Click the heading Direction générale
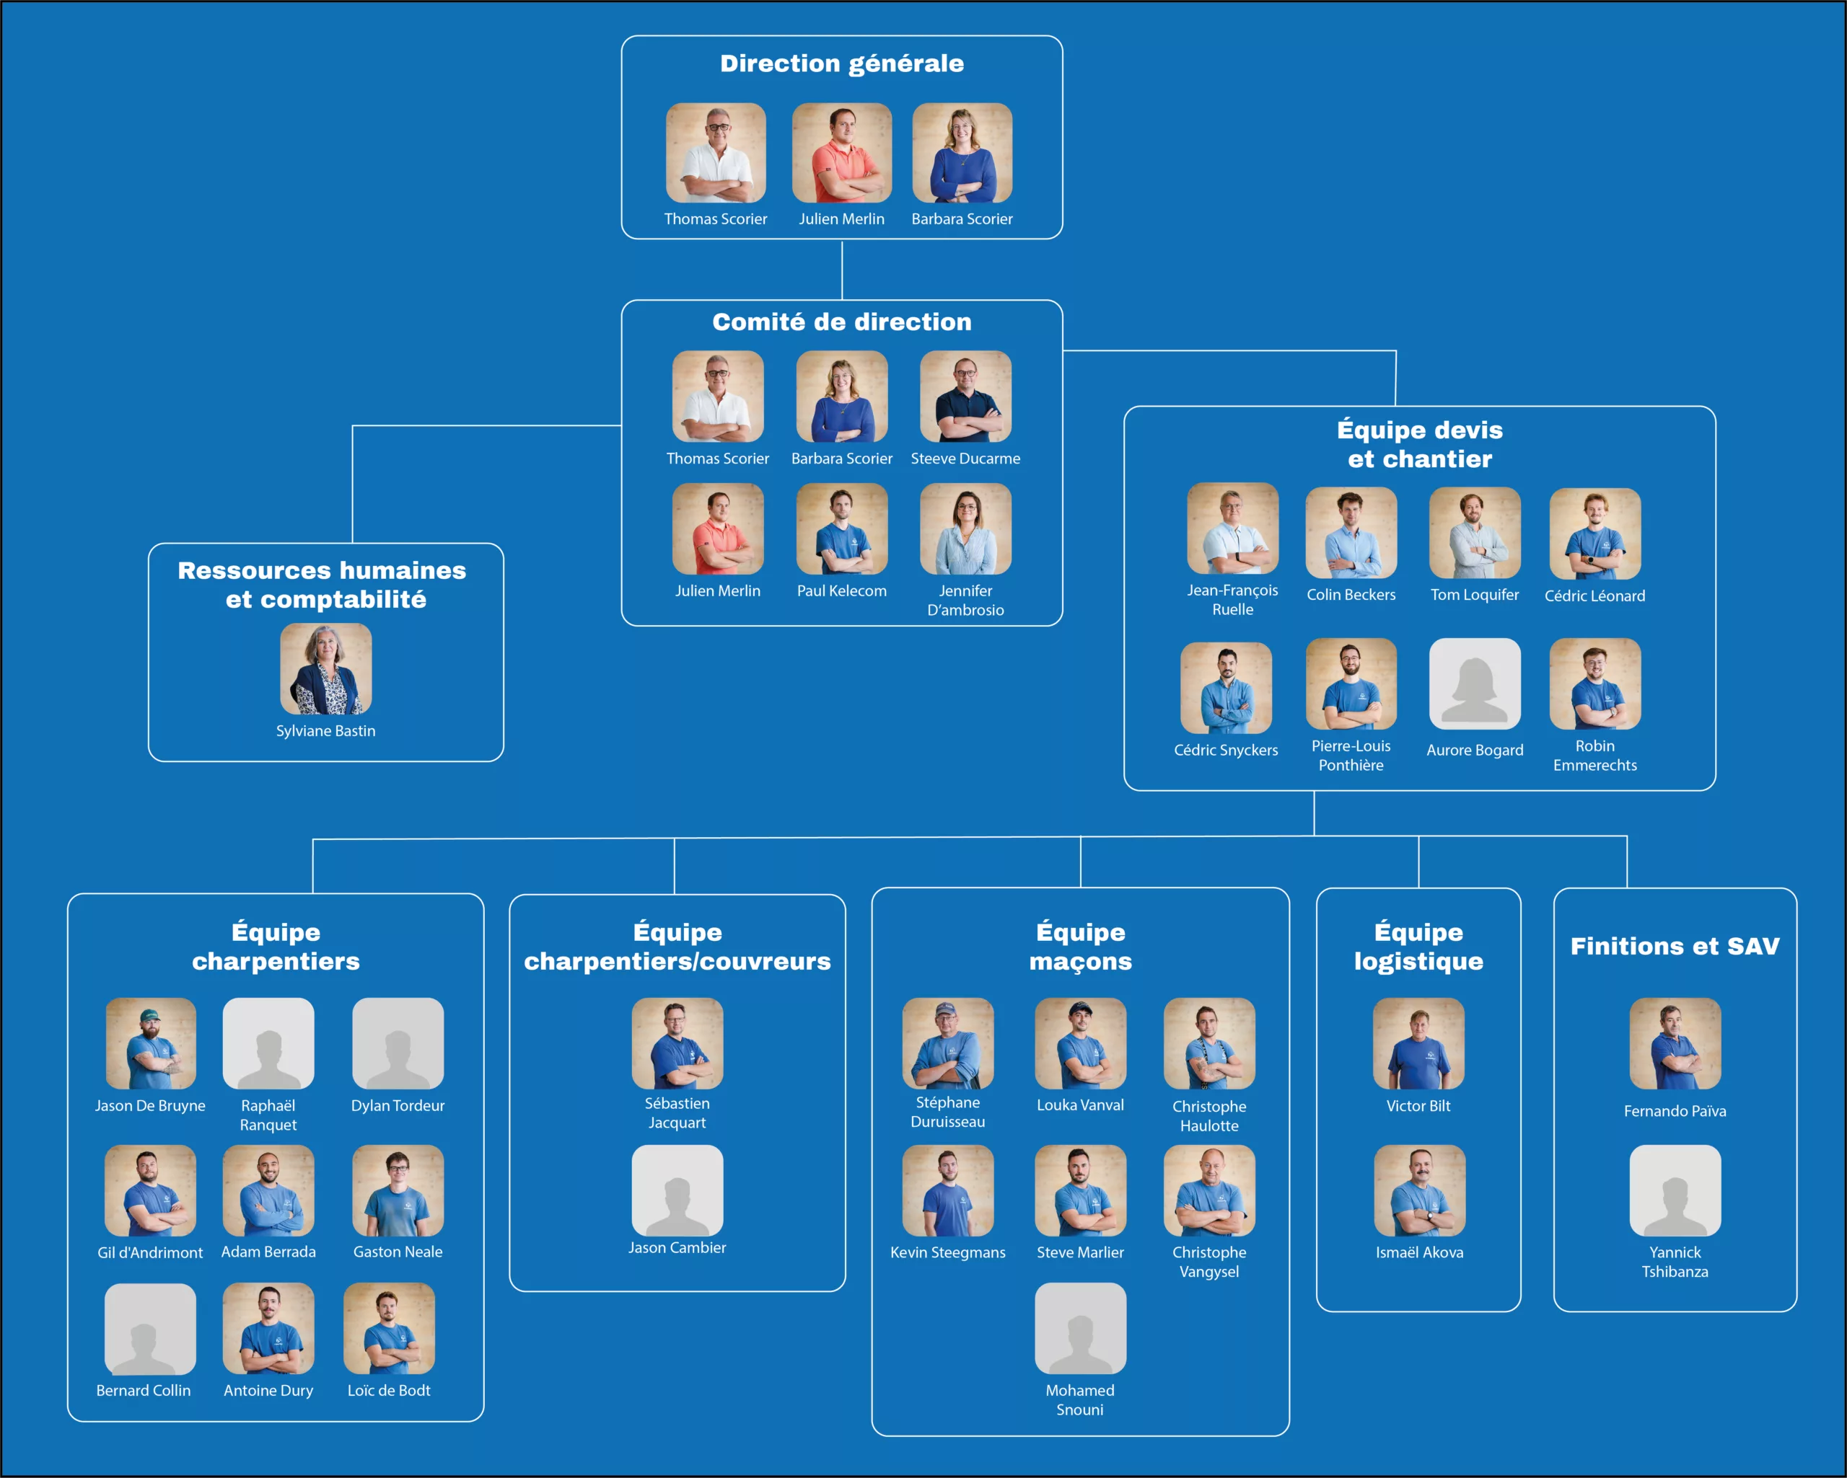click(x=841, y=63)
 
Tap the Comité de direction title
click(x=841, y=322)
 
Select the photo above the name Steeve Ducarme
click(x=965, y=397)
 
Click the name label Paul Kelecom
click(x=841, y=591)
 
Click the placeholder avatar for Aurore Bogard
click(x=1474, y=684)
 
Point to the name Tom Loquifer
click(x=1474, y=594)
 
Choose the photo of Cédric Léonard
click(x=1594, y=534)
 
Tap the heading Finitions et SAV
click(x=1675, y=946)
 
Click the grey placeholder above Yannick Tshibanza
click(x=1675, y=1190)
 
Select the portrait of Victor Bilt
click(x=1418, y=1043)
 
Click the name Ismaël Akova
click(x=1418, y=1252)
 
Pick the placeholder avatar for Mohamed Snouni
click(x=1080, y=1328)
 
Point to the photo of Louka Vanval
click(x=1080, y=1043)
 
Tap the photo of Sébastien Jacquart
click(x=677, y=1043)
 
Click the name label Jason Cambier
click(x=677, y=1248)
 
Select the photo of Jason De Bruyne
click(x=150, y=1043)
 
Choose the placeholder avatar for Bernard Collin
click(x=150, y=1328)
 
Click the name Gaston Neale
click(x=398, y=1252)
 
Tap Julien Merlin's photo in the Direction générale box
click(x=841, y=152)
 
